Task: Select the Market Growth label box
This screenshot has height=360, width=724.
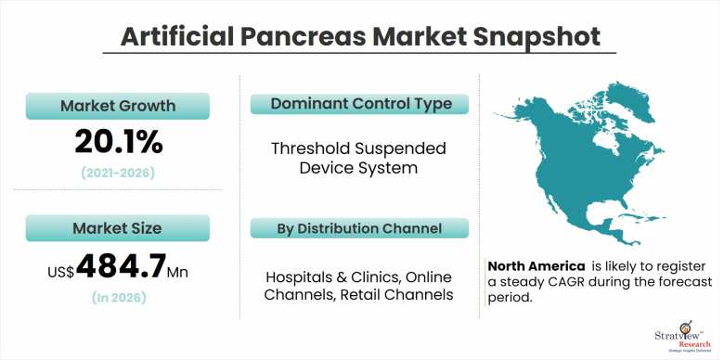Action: point(119,106)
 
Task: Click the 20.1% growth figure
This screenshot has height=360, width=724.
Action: point(119,141)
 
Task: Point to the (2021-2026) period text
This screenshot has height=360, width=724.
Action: point(119,174)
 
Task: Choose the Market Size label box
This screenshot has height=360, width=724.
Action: point(119,228)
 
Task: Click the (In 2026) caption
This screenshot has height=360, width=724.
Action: point(119,298)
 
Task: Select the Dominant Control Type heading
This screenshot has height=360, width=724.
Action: point(359,104)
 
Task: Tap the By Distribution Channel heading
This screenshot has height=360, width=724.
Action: point(359,228)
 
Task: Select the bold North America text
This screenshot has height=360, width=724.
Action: point(536,265)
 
